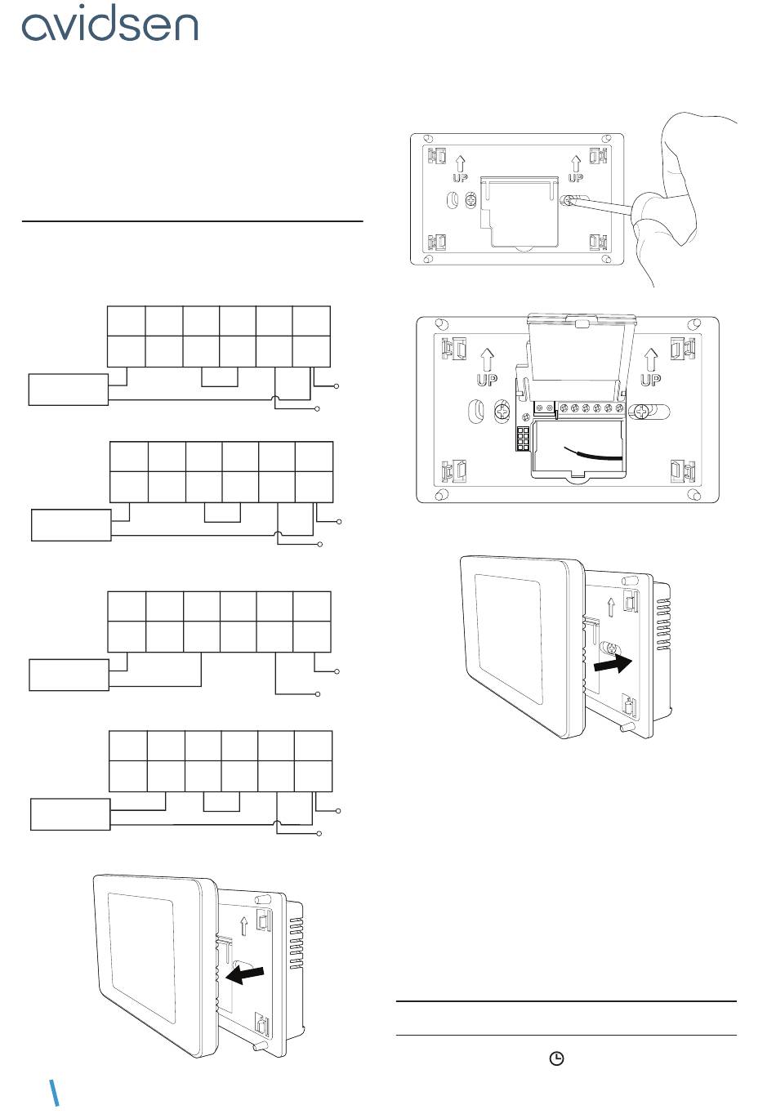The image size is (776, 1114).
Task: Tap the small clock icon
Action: pyautogui.click(x=555, y=1058)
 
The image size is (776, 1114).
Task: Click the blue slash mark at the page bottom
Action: pyautogui.click(x=54, y=1093)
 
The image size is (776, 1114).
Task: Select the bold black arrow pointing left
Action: pyautogui.click(x=245, y=974)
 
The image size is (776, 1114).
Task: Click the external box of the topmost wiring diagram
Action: pyautogui.click(x=69, y=390)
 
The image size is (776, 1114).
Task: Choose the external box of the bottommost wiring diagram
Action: pyautogui.click(x=70, y=814)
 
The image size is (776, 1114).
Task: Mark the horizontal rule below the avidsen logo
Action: pyautogui.click(x=192, y=221)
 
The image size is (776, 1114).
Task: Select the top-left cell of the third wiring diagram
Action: pyautogui.click(x=127, y=606)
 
